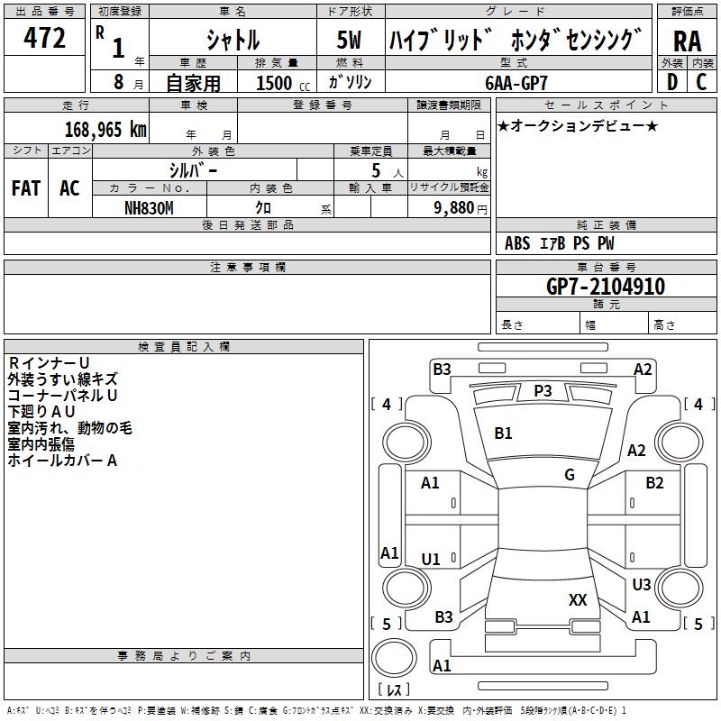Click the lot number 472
[44, 37]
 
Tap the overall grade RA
[687, 41]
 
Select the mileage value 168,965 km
[105, 130]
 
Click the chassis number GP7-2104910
[606, 287]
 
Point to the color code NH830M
[149, 208]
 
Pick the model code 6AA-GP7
[516, 83]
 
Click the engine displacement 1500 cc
[283, 83]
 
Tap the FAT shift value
[26, 188]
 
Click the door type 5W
[349, 40]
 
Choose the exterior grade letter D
[672, 82]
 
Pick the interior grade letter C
[701, 82]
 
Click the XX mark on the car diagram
[578, 600]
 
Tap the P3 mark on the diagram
[543, 391]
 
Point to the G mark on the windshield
[570, 474]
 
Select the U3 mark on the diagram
[642, 584]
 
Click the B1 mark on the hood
[503, 434]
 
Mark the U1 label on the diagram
[431, 559]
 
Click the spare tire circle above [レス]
[394, 658]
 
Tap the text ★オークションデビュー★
[578, 126]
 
